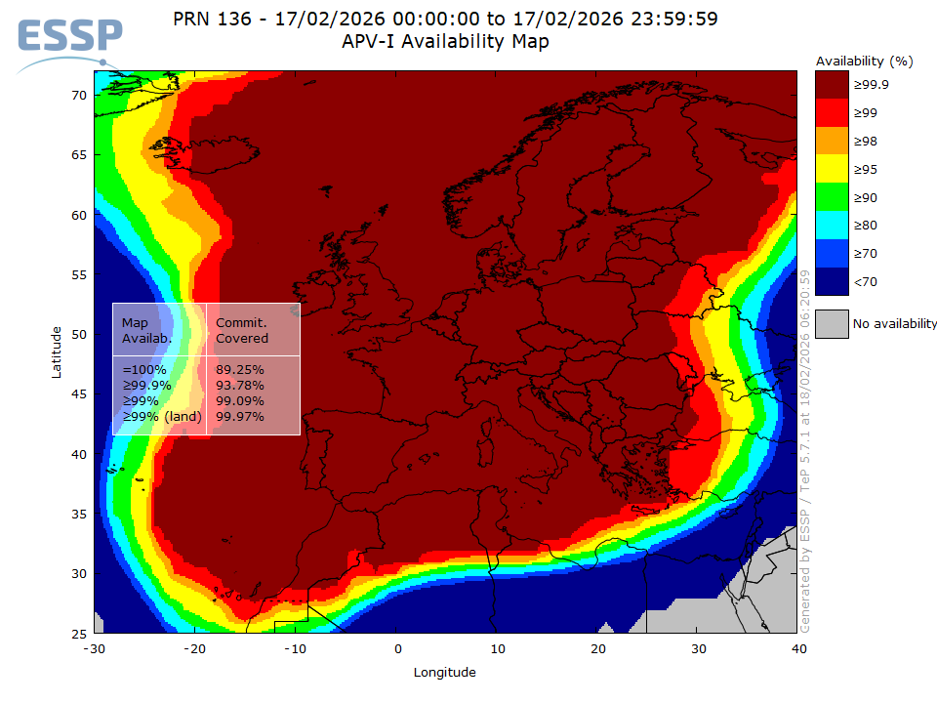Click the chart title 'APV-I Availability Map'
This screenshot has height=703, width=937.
[445, 42]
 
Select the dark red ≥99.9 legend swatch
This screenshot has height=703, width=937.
[831, 85]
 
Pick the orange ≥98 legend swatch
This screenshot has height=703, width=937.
[831, 141]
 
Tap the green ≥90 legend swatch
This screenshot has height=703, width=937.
[831, 197]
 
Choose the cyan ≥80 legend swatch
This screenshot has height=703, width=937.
[831, 226]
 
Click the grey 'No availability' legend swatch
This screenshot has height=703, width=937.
[831, 323]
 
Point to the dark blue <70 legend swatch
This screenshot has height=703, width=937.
[831, 281]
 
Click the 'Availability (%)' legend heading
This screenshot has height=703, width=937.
[864, 61]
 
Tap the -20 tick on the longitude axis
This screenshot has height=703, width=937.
[194, 648]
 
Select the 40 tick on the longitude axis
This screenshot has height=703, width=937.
[798, 648]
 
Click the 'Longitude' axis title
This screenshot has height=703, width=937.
[445, 672]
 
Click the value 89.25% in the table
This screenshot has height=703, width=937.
[239, 370]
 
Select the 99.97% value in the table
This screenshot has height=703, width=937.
[239, 417]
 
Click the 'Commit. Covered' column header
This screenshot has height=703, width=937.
[242, 330]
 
